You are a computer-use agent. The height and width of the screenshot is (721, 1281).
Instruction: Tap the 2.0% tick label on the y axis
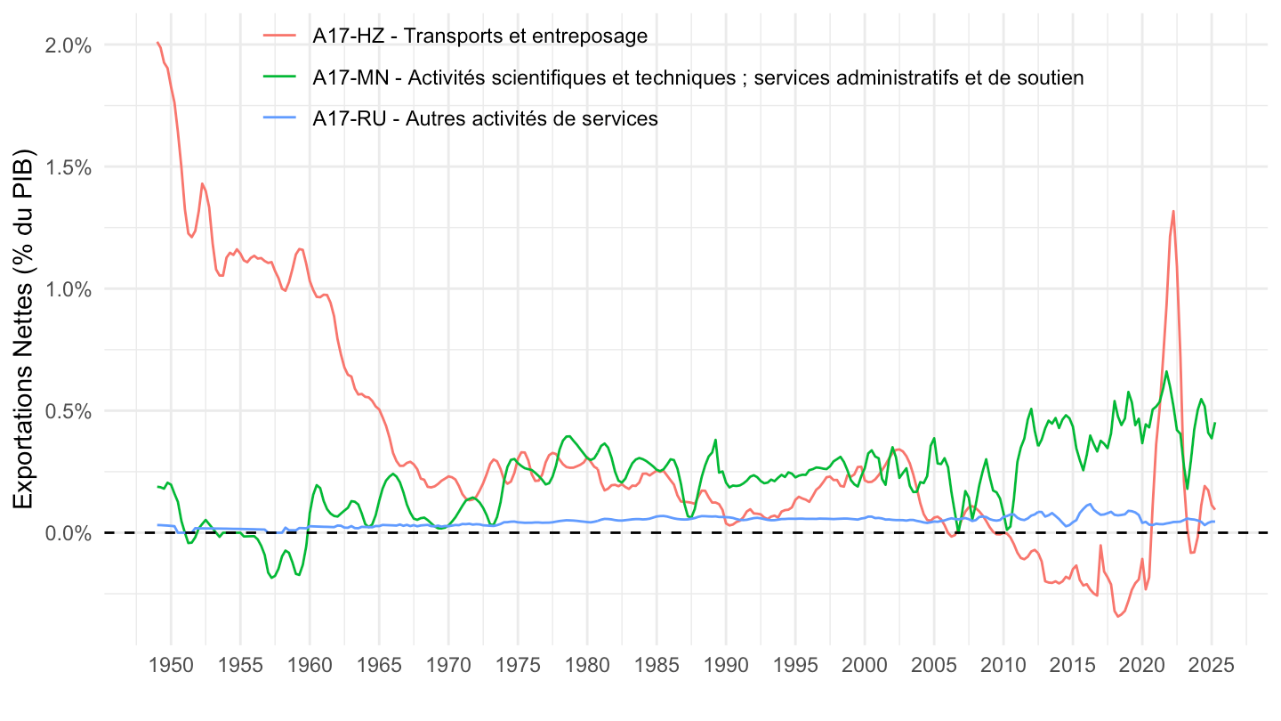coord(67,45)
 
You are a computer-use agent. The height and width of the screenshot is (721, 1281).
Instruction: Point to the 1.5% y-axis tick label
coord(67,167)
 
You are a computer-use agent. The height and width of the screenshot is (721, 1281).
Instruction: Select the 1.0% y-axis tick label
coord(67,289)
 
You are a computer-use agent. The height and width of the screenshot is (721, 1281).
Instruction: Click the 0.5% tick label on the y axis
coord(67,411)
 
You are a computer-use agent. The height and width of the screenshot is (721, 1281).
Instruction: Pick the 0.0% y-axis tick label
coord(67,533)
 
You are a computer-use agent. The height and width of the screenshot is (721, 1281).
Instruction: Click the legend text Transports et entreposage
coord(479,36)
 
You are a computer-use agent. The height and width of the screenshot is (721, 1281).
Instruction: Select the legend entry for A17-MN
coord(697,77)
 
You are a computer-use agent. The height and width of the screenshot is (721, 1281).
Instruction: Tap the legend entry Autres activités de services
coord(485,118)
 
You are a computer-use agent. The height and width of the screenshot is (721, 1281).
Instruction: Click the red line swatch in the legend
coord(282,36)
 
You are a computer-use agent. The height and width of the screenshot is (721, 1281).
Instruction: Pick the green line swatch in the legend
coord(282,77)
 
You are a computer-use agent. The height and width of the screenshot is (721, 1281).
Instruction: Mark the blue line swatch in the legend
coord(282,118)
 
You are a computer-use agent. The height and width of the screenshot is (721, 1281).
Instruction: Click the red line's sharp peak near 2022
coord(1173,211)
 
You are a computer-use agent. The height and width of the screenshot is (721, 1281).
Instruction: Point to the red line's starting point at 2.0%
coord(157,42)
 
